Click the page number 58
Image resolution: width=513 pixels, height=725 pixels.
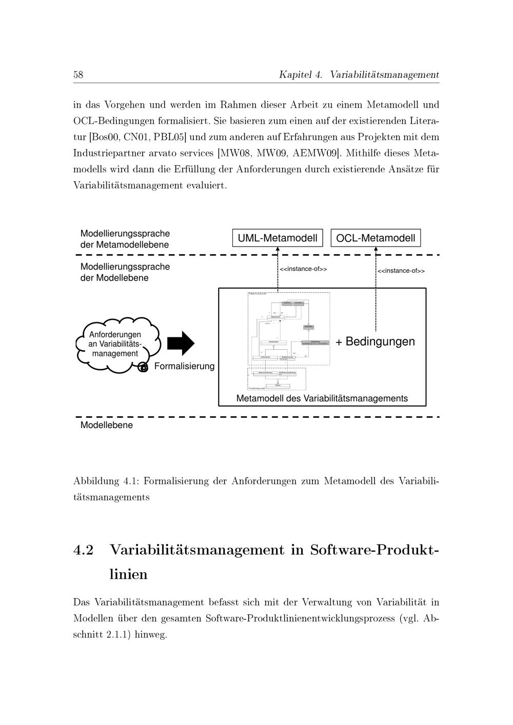[78, 75]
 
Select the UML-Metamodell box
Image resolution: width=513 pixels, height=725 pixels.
[278, 238]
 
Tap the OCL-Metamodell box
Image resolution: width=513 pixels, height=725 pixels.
[376, 238]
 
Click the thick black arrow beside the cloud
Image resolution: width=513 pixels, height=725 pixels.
[181, 343]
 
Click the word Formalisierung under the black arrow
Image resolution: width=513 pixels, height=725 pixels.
[184, 367]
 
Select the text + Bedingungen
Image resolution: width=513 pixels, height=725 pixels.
[375, 341]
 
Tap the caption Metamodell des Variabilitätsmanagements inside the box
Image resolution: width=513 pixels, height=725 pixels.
[322, 398]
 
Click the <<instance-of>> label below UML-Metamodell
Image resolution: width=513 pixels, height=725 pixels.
[303, 269]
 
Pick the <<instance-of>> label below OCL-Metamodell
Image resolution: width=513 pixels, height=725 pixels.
[401, 271]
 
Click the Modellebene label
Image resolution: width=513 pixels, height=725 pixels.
[106, 425]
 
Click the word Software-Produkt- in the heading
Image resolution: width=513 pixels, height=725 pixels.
[374, 550]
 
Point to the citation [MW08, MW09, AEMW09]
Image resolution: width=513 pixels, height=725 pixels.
[279, 153]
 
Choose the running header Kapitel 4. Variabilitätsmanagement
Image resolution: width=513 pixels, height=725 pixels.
[359, 75]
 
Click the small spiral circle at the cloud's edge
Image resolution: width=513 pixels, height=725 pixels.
[144, 367]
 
